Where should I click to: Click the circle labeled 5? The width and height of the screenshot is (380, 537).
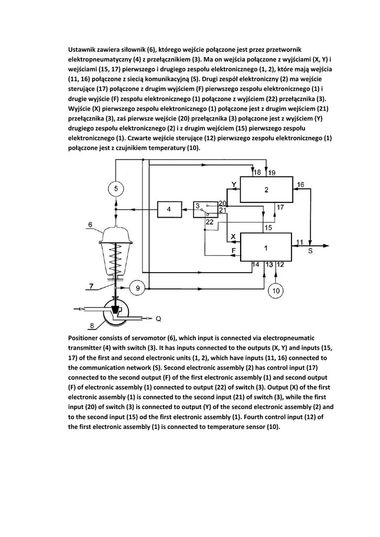tap(117, 188)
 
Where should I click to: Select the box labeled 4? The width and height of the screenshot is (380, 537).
tap(169, 209)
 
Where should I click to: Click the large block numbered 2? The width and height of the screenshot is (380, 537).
tap(266, 189)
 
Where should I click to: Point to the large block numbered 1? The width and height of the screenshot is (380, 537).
tap(266, 246)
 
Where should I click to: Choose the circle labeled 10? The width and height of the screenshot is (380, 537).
tap(276, 289)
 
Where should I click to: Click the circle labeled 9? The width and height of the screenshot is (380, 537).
tap(137, 288)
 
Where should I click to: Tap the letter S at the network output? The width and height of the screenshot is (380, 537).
tap(310, 251)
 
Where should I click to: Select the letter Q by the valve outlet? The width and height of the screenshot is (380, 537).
tap(159, 318)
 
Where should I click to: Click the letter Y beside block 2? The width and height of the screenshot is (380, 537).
tap(234, 184)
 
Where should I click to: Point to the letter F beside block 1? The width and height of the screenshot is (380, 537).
tap(234, 251)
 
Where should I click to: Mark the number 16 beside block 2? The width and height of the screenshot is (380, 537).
tap(300, 185)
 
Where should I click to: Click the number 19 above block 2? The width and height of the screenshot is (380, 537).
tap(272, 173)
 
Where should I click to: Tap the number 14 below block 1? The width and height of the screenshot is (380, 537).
tap(256, 264)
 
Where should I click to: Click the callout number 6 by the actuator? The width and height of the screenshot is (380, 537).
tap(90, 225)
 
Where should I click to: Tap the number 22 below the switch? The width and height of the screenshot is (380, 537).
tap(209, 222)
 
